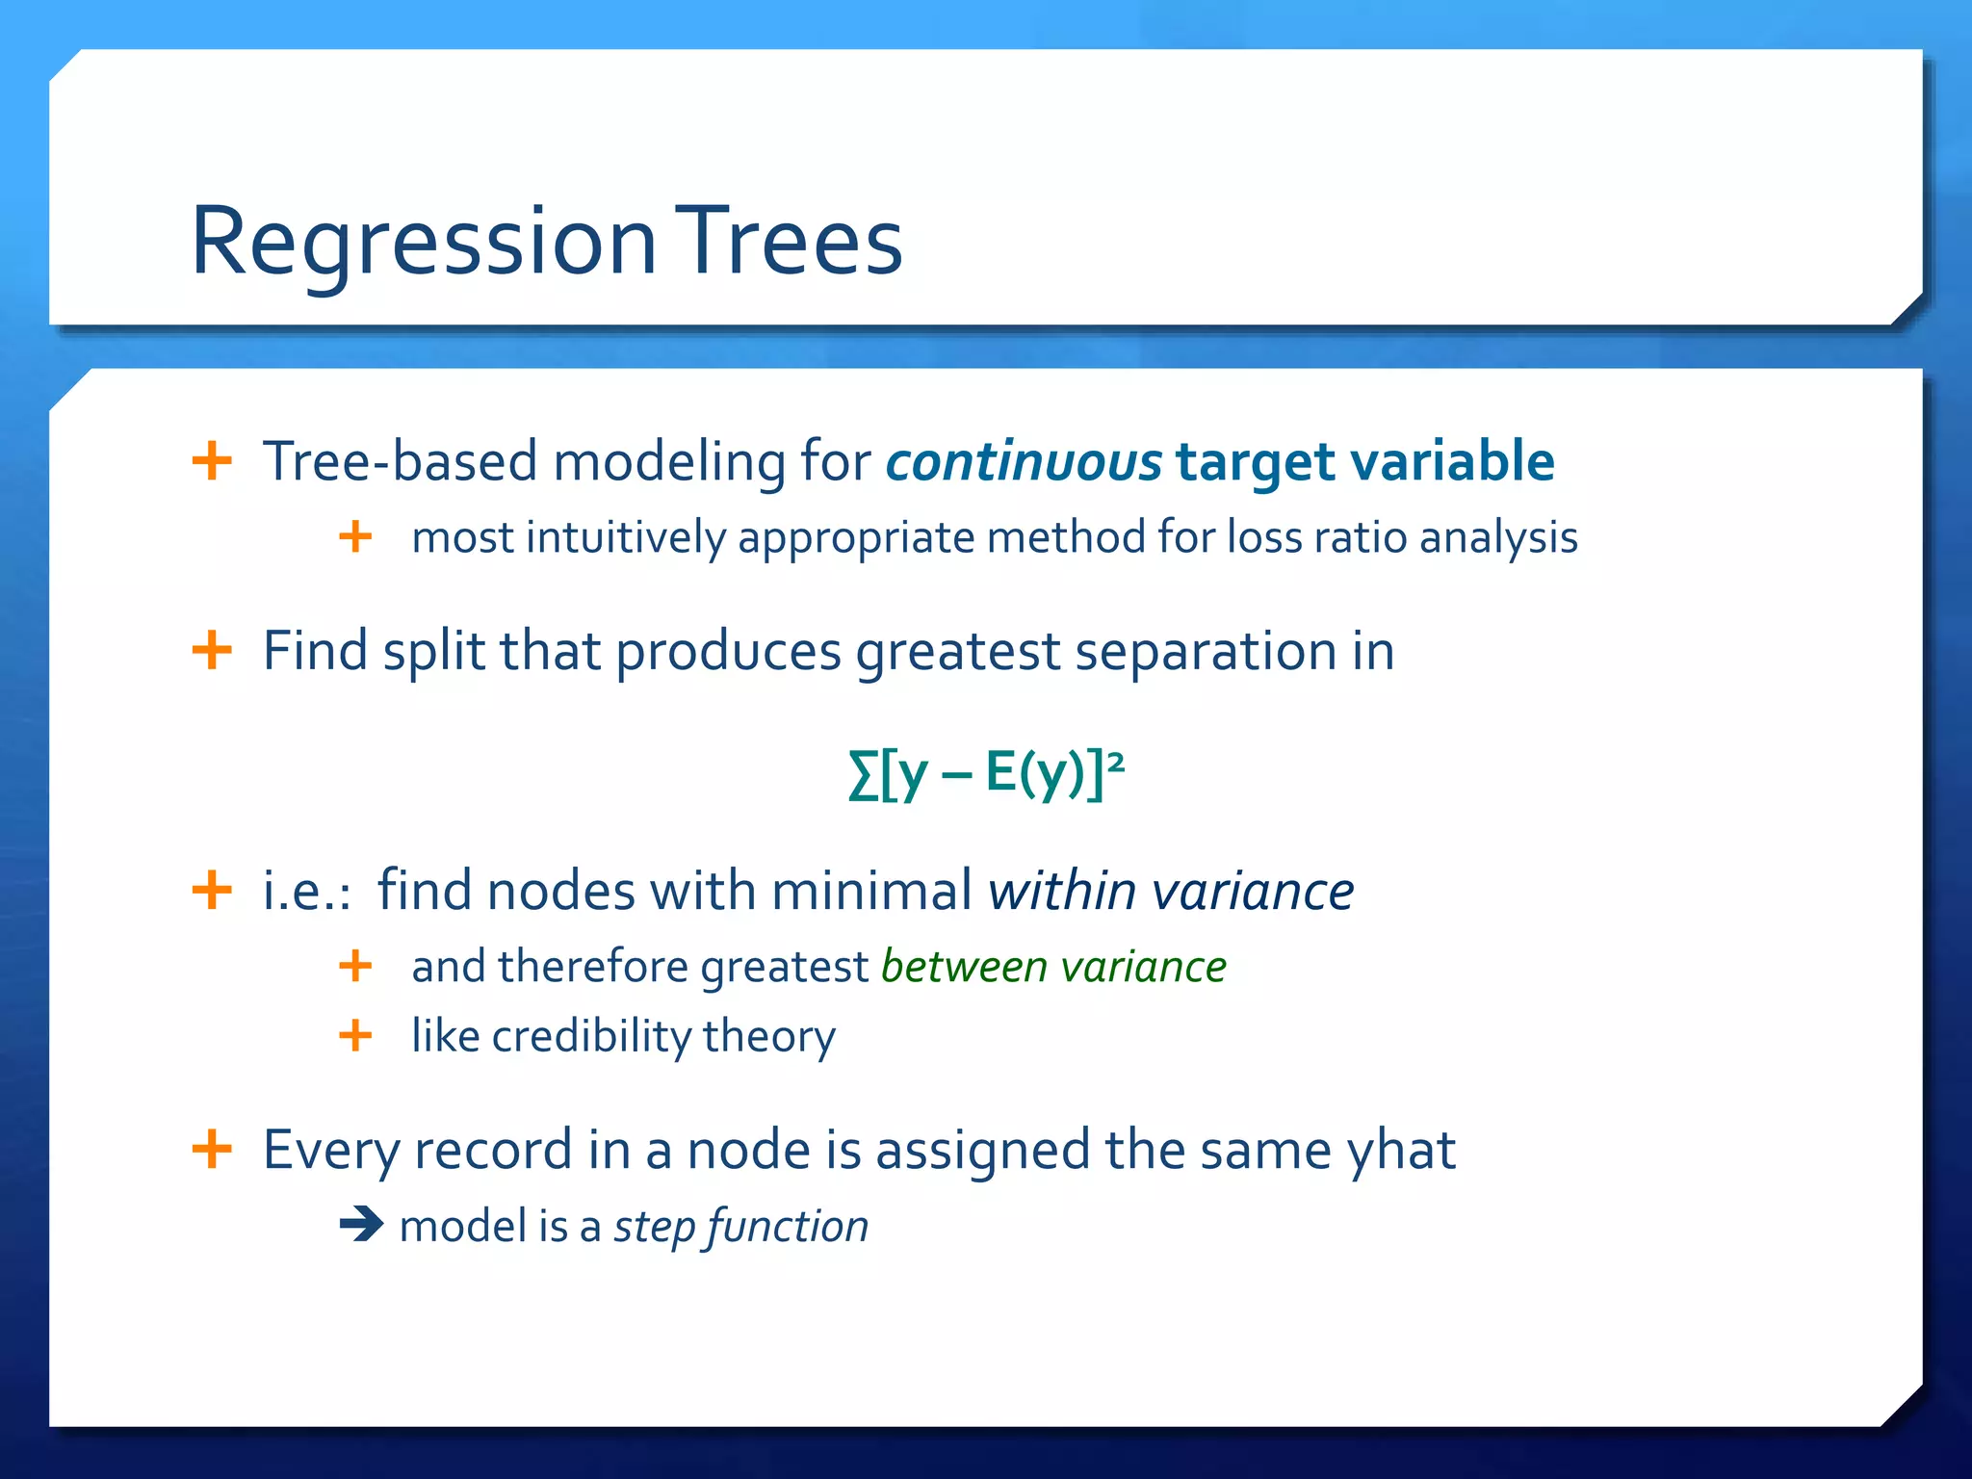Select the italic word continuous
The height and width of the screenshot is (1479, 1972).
point(1024,461)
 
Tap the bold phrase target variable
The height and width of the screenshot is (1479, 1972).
point(1364,461)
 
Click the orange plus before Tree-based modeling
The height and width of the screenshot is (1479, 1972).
point(212,460)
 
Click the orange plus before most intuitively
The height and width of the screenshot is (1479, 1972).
point(355,536)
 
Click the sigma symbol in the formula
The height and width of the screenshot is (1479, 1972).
point(863,775)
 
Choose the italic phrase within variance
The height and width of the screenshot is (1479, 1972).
point(1171,890)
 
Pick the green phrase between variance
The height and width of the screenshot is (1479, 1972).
point(1053,967)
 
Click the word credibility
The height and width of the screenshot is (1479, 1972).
point(590,1037)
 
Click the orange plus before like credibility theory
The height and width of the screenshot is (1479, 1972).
point(355,1036)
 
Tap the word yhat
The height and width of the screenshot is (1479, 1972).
point(1401,1150)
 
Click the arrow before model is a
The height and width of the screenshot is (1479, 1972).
point(362,1225)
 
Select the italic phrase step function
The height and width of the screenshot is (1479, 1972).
point(740,1227)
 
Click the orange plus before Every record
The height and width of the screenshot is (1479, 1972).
point(212,1148)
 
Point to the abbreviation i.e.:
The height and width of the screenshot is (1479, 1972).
point(306,891)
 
